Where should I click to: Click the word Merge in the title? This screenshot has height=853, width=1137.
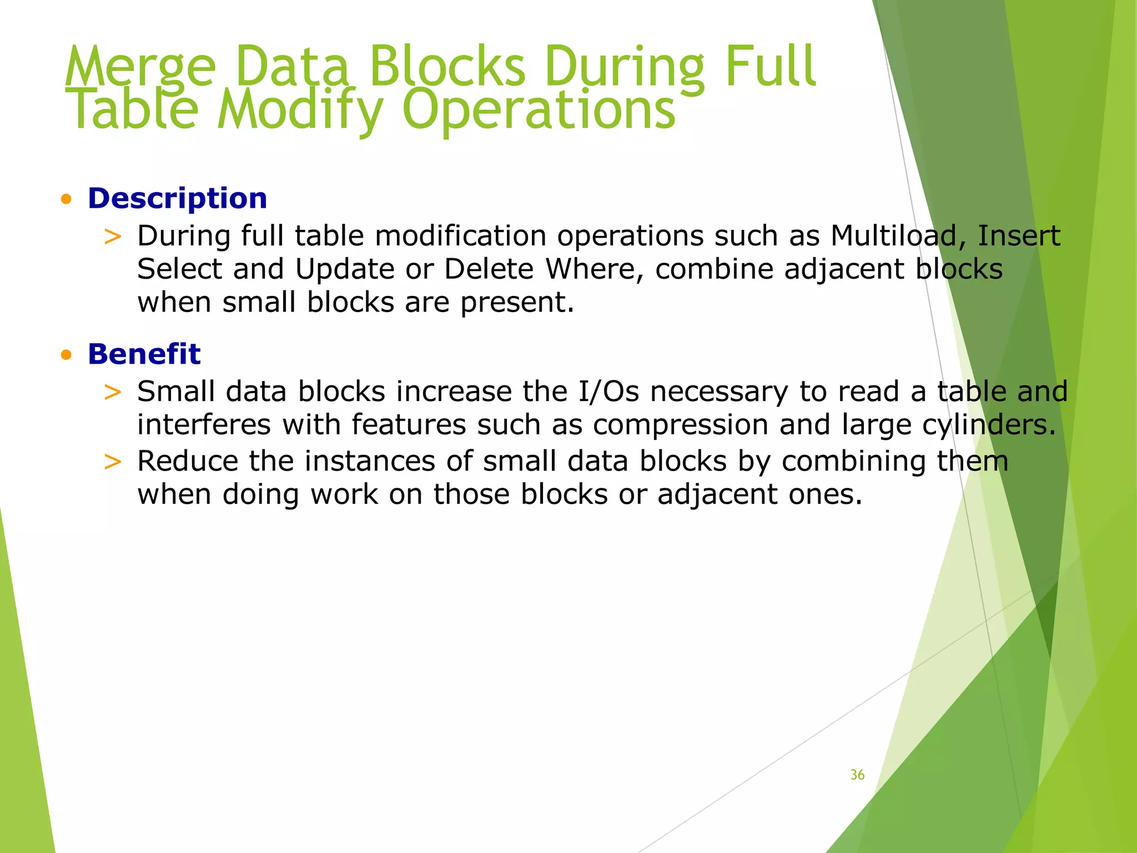point(140,68)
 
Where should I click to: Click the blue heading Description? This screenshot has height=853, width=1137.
point(177,199)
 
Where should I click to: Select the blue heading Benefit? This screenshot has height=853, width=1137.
point(144,354)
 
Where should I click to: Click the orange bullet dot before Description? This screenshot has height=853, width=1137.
point(67,199)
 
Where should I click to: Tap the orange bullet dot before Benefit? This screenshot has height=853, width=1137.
point(67,355)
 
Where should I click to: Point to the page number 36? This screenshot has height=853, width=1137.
point(857,775)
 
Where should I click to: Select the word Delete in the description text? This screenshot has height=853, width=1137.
point(489,269)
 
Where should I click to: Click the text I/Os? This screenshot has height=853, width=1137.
point(608,392)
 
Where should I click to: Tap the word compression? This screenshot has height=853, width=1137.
point(681,425)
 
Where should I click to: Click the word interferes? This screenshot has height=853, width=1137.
point(204,425)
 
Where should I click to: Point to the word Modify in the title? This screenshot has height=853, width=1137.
point(300,111)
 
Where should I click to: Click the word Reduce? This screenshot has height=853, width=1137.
point(187,461)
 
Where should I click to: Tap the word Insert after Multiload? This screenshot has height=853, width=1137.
point(1018,236)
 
